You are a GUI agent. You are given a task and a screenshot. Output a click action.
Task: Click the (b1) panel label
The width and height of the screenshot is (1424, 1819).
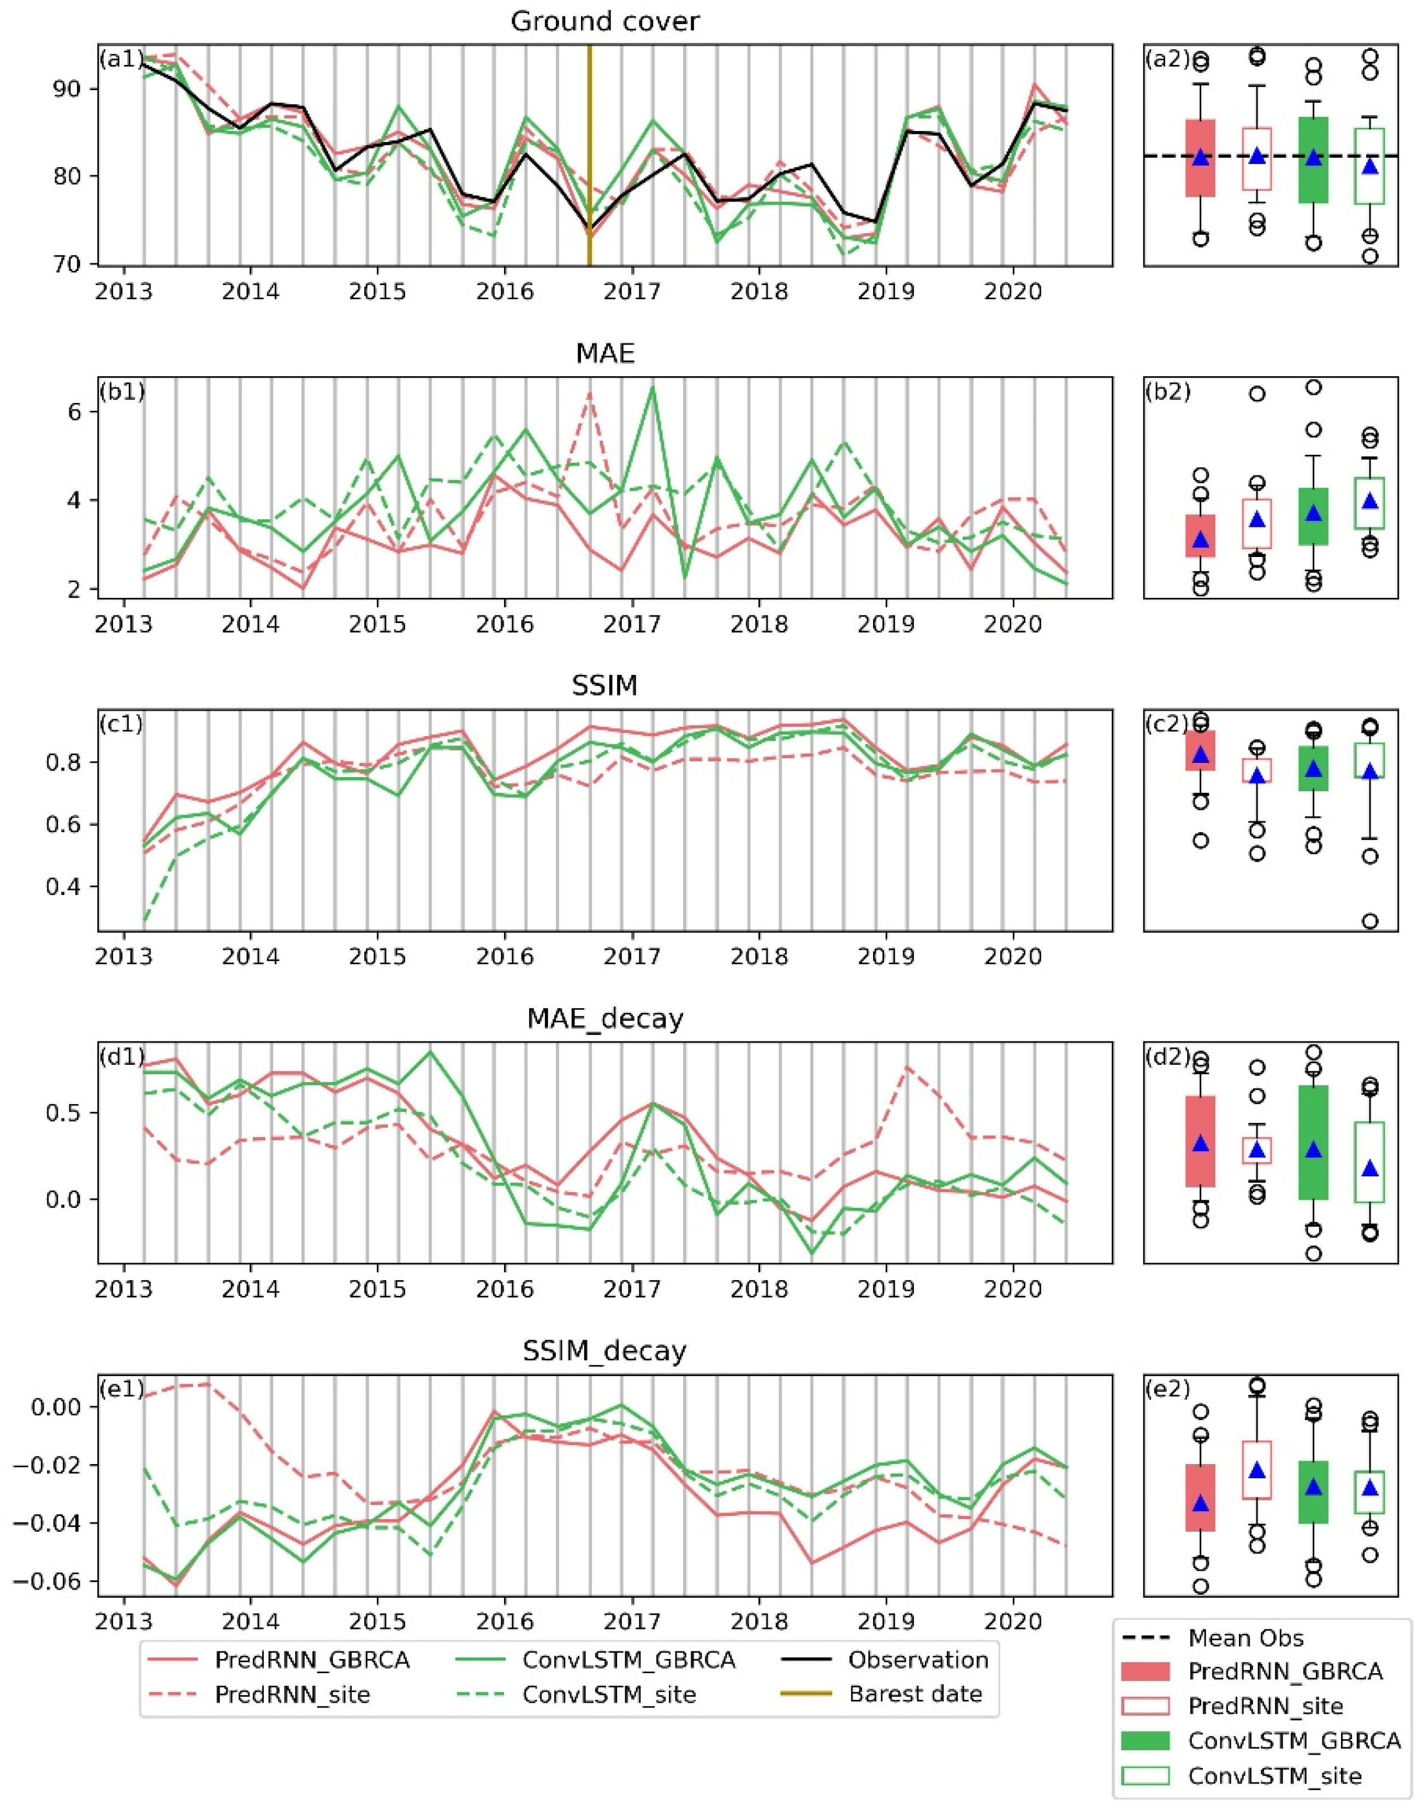122,392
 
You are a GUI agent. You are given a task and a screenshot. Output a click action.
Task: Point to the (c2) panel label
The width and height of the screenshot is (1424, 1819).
1168,724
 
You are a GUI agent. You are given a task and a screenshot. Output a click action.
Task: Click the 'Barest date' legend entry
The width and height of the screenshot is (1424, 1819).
915,1695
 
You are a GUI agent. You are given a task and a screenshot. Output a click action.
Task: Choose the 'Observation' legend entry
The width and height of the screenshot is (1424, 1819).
918,1660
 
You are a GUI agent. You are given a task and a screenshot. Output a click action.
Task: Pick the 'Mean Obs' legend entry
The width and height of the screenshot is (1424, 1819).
1245,1638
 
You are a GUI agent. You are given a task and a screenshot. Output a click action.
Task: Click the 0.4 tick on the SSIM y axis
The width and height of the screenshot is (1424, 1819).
73,886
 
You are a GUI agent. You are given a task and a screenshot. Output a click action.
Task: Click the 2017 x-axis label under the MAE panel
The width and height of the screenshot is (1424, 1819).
631,624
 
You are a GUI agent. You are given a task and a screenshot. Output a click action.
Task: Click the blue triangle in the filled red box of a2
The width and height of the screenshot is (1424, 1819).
1201,158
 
